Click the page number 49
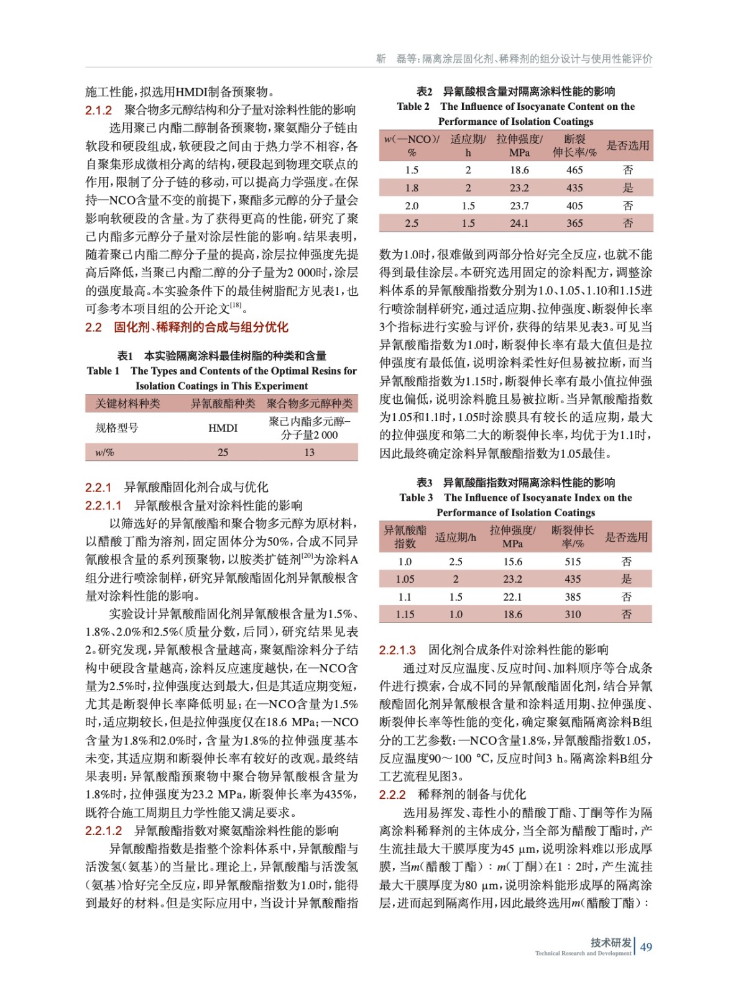(x=646, y=947)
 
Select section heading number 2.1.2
(x=98, y=111)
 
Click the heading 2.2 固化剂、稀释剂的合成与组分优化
(x=187, y=327)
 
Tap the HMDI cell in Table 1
(x=223, y=428)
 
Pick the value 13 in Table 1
(x=309, y=452)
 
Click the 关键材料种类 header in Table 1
(x=127, y=404)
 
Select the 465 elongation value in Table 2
(x=574, y=170)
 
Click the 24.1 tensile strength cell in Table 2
(x=519, y=223)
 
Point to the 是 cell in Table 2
(x=628, y=188)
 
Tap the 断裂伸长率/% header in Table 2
(x=574, y=146)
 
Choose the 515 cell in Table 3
(x=573, y=562)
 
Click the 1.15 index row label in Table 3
(x=405, y=614)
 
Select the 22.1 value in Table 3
(x=512, y=597)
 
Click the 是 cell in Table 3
(x=627, y=579)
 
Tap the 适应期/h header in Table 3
(x=456, y=537)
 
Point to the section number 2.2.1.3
(x=397, y=650)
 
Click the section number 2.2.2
(x=392, y=795)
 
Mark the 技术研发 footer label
(x=611, y=942)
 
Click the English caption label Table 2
(x=413, y=107)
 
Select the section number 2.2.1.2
(x=104, y=831)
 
